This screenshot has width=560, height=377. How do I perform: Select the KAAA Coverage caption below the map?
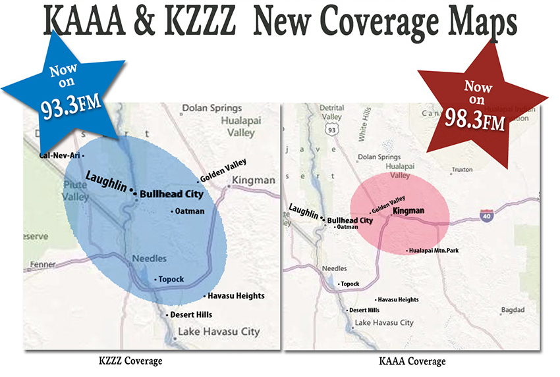(412, 361)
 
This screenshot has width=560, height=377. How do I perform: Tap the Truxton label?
(462, 170)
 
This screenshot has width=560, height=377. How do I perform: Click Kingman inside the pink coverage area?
(408, 211)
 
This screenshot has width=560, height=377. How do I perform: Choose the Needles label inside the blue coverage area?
(150, 259)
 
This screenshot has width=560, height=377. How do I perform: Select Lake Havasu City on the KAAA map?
(384, 323)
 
